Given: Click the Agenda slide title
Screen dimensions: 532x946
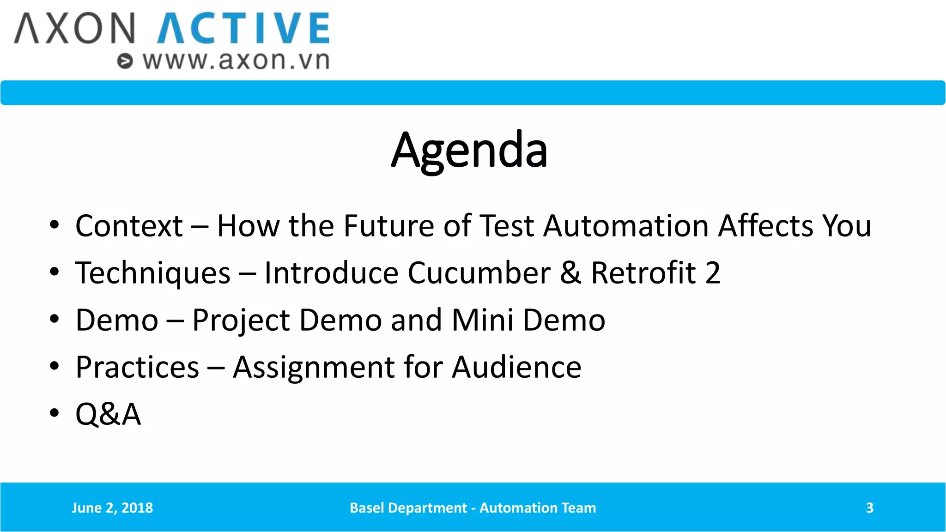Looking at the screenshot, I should [469, 150].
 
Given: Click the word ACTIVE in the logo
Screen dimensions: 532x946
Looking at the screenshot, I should [243, 29].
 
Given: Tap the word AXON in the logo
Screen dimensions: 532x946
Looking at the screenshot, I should [75, 29].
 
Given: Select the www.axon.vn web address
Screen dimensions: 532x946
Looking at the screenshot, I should [236, 60].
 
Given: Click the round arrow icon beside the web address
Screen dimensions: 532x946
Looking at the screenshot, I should [125, 61].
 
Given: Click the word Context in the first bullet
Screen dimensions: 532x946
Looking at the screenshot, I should [129, 226].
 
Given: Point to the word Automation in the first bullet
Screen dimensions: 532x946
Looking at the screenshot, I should [626, 226].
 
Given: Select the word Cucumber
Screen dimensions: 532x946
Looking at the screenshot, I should [479, 273].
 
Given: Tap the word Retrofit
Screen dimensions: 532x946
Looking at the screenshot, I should [643, 273].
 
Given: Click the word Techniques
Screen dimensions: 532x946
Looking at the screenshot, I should [153, 273].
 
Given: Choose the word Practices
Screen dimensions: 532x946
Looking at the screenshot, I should [137, 368].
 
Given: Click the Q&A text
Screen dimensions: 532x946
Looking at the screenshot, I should [108, 414].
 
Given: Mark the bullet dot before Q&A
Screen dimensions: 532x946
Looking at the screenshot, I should [55, 412].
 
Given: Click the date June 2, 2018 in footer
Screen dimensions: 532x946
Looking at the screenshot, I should [112, 508].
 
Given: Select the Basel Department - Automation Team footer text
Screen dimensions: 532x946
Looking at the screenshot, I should [473, 508].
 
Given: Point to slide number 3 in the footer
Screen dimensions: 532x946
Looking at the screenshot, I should [869, 508].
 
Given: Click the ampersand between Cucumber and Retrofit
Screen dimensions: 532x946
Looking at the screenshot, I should [570, 273].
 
